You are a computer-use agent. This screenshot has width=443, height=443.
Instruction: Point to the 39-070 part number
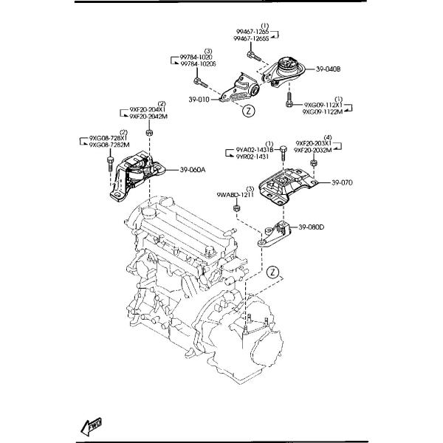tap(343, 182)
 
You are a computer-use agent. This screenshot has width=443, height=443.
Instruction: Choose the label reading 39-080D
tap(313, 226)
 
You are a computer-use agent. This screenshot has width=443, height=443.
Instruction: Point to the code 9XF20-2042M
tap(150, 116)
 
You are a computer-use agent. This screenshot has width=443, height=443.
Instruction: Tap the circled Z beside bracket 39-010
tap(249, 111)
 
